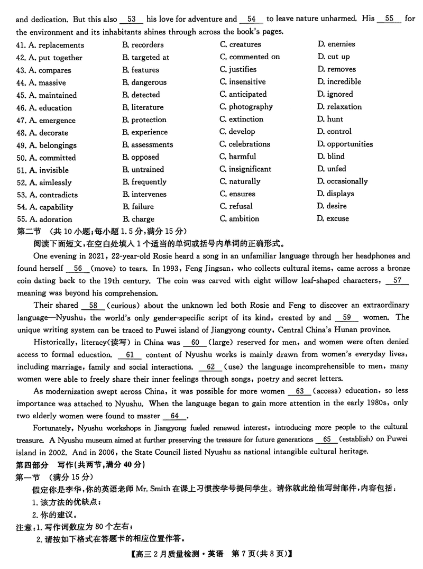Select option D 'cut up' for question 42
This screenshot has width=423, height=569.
tap(333, 57)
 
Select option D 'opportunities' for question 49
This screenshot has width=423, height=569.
tap(345, 144)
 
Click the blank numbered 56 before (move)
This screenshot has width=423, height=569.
tap(78, 269)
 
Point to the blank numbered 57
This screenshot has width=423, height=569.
tap(398, 281)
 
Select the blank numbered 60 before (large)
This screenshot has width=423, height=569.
tap(195, 342)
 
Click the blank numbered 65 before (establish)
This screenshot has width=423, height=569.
tap(326, 439)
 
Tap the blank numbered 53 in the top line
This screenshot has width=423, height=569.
tap(132, 19)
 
